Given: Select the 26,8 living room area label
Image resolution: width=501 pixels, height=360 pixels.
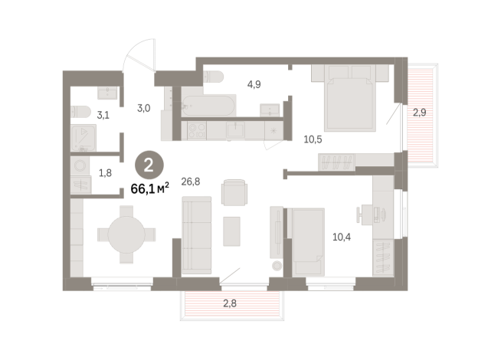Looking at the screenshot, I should point(191,182).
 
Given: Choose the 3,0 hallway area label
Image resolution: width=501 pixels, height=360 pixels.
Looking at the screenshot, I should point(142,109).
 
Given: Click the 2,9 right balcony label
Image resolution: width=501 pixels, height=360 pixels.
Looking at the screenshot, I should point(419,113).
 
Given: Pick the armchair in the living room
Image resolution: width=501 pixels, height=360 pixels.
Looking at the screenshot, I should point(234,191).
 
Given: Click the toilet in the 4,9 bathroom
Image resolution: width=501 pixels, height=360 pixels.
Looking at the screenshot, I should point(212,76).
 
